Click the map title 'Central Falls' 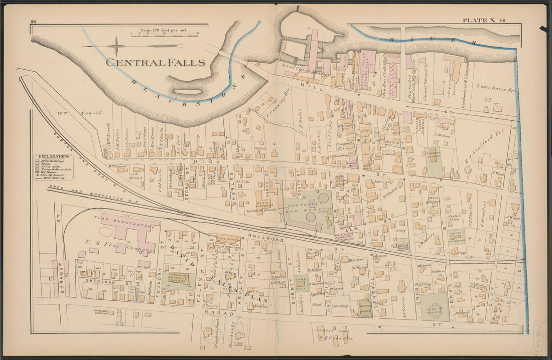156,63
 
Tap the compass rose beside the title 116,46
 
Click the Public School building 434,307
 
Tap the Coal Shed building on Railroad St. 228,239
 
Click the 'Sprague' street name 61,273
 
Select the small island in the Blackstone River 188,92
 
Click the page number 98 33,21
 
